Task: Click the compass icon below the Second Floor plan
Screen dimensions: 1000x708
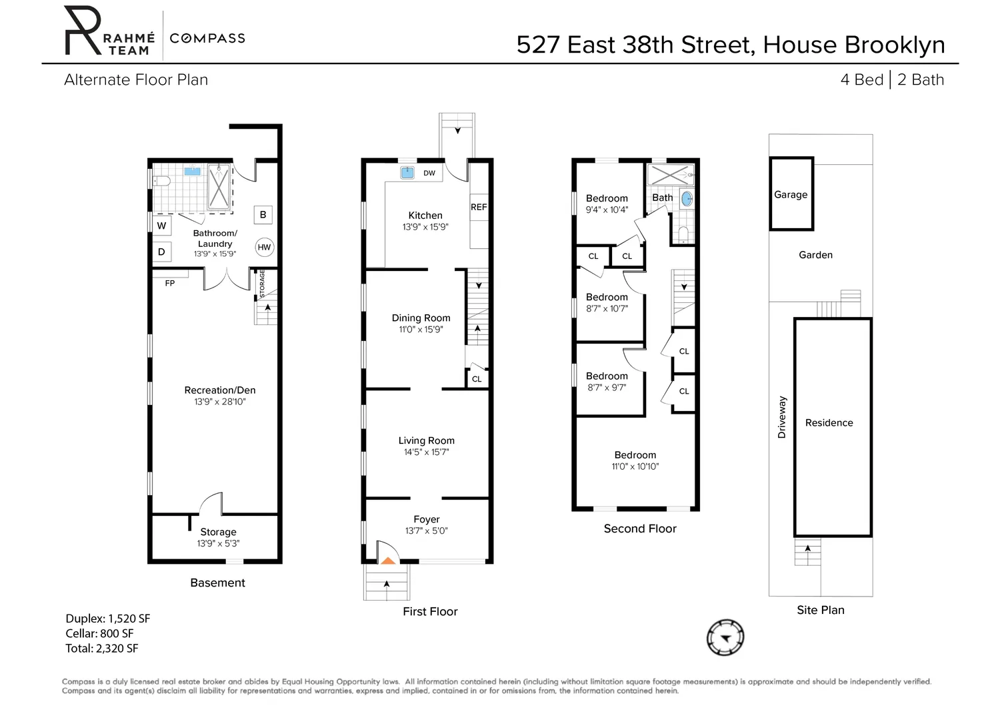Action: pyautogui.click(x=725, y=637)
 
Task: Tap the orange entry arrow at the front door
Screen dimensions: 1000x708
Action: pyautogui.click(x=388, y=561)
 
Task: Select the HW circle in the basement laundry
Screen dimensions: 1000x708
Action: pyautogui.click(x=264, y=247)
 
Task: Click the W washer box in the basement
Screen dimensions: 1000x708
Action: pyautogui.click(x=161, y=226)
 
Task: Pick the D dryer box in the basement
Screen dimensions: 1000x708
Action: pyautogui.click(x=161, y=252)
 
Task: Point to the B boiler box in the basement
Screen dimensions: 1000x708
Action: pyautogui.click(x=263, y=215)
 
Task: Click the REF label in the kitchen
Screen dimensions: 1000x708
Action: pyautogui.click(x=479, y=207)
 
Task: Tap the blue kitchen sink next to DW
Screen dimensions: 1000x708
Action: pyautogui.click(x=407, y=173)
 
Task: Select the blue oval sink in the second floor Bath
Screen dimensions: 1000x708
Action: pyautogui.click(x=687, y=198)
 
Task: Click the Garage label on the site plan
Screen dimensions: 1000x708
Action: pyautogui.click(x=791, y=194)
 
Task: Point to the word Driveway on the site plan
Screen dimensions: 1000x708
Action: pyautogui.click(x=782, y=417)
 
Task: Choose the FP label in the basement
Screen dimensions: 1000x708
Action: pyautogui.click(x=169, y=284)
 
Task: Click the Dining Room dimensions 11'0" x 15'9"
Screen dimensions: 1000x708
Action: pyautogui.click(x=421, y=330)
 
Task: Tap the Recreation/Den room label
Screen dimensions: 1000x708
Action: pyautogui.click(x=220, y=390)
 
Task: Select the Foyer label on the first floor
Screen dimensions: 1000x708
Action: pyautogui.click(x=427, y=519)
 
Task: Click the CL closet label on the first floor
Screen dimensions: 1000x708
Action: pyautogui.click(x=477, y=379)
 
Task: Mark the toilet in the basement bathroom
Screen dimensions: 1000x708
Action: pyautogui.click(x=161, y=181)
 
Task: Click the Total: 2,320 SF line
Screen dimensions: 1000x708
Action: pyautogui.click(x=102, y=648)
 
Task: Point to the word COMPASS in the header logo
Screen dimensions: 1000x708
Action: pyautogui.click(x=207, y=39)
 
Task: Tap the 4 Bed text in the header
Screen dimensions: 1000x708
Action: pyautogui.click(x=861, y=79)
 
